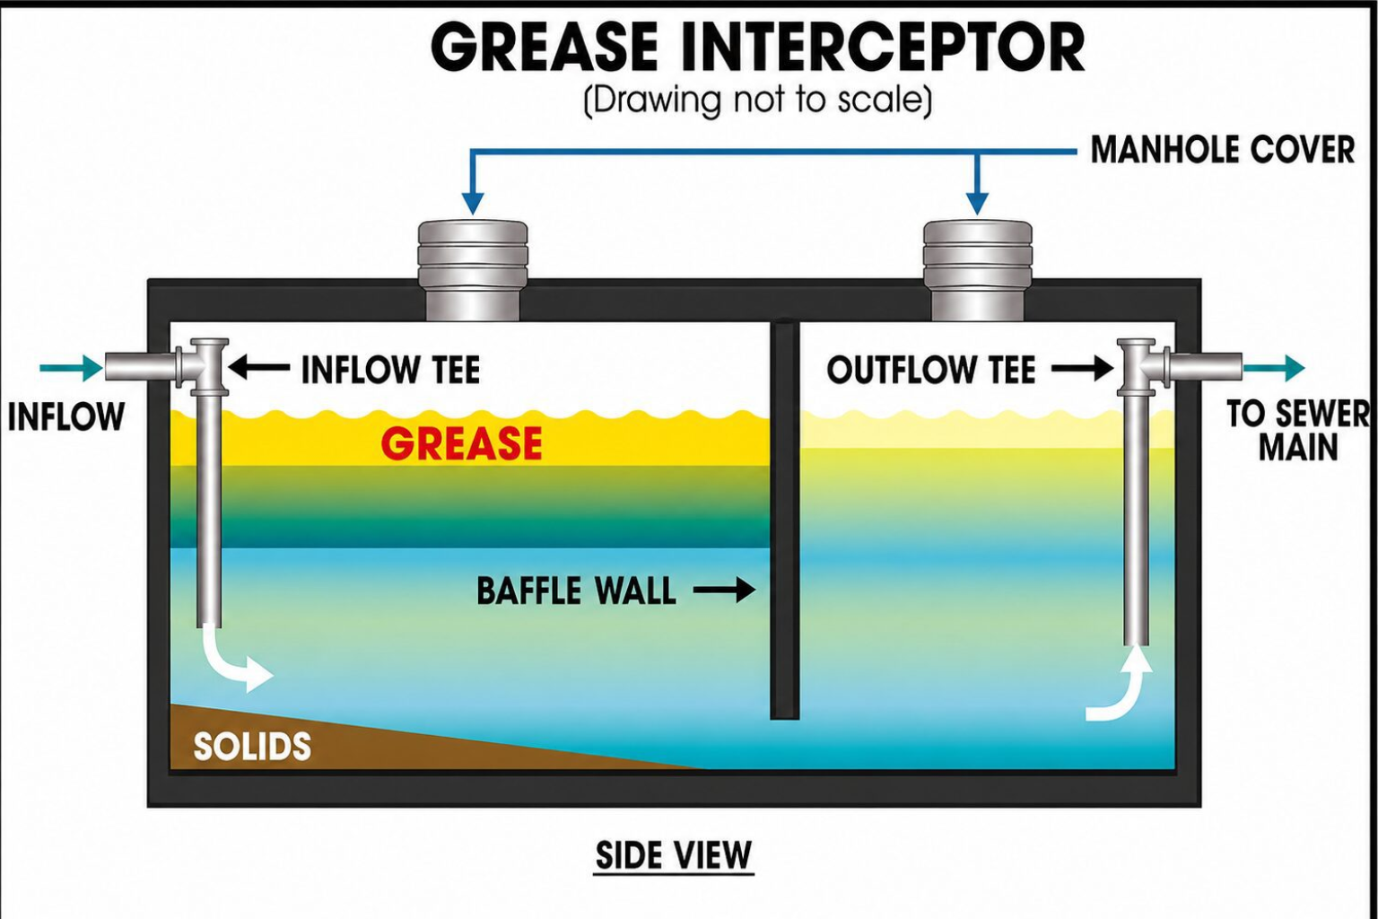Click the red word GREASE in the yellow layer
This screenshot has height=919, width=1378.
[461, 443]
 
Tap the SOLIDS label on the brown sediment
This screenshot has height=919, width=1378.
[252, 747]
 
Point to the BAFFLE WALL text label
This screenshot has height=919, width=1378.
[577, 591]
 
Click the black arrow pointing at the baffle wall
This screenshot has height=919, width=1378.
[725, 591]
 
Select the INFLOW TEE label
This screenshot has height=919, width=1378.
[390, 370]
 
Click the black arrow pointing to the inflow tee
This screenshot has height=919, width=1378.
[259, 368]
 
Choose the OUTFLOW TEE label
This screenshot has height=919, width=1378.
[931, 370]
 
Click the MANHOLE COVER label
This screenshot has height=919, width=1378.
[1223, 150]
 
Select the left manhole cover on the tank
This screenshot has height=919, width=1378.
[473, 271]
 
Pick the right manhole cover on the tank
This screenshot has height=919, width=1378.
[978, 271]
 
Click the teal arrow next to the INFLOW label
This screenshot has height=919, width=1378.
[72, 369]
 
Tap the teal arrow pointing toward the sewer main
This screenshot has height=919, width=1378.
[1274, 369]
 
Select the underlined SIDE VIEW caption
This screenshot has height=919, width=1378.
[675, 854]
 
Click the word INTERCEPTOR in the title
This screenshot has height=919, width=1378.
[882, 48]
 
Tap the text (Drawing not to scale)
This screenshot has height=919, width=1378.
[757, 101]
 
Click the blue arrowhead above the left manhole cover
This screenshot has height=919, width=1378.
[473, 203]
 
